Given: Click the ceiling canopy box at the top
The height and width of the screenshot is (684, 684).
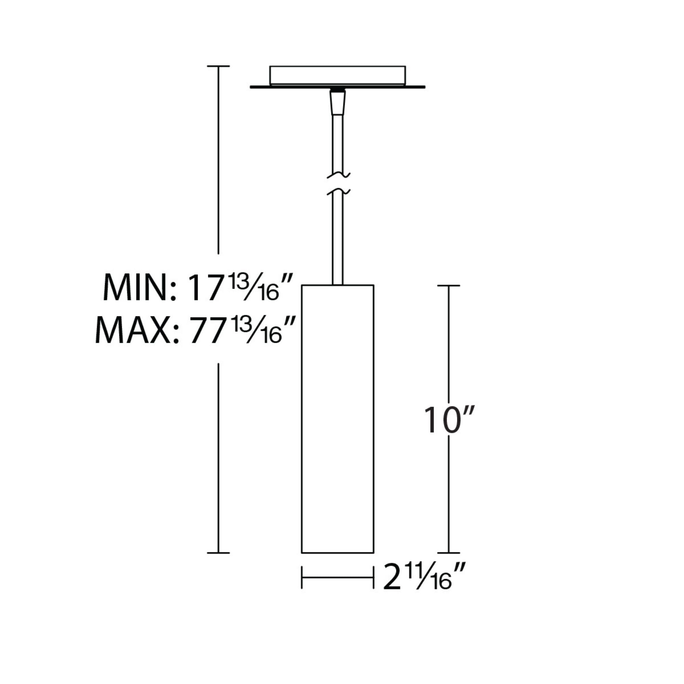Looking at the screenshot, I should (338, 75).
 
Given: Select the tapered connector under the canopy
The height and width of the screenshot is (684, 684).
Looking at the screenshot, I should (338, 103).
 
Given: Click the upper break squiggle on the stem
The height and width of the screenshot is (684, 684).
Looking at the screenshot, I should (338, 175).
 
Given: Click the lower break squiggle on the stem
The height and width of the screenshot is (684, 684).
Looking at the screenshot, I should (338, 192).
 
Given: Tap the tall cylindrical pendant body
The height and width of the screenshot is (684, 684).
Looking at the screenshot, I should (338, 418).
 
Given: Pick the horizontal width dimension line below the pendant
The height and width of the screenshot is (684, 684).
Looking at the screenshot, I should (338, 577).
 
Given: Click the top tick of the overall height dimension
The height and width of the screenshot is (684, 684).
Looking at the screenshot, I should (218, 66).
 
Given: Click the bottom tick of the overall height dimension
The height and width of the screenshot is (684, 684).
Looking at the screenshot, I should (218, 553).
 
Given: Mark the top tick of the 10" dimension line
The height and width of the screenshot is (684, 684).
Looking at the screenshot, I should (449, 285).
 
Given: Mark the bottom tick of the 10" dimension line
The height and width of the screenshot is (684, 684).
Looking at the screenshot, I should (449, 553).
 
